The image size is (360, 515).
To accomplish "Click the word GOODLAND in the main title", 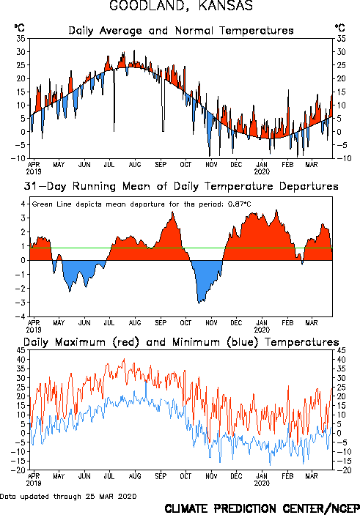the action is click(x=149, y=6).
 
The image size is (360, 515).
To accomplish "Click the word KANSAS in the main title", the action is click(x=226, y=6).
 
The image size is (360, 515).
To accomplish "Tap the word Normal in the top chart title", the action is click(x=194, y=31).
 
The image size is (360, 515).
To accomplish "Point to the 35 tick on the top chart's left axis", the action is click(x=21, y=39).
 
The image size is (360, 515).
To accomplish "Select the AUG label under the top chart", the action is click(x=135, y=164).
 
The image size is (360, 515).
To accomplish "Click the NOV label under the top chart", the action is click(x=211, y=164).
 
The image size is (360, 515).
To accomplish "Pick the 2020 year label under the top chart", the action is click(x=262, y=171).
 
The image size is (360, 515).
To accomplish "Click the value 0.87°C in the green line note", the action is click(x=239, y=204).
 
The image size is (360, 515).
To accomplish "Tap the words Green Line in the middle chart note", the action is click(x=51, y=204).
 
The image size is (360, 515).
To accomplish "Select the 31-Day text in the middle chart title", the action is click(x=45, y=187).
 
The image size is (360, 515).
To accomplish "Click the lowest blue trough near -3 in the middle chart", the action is click(x=199, y=303).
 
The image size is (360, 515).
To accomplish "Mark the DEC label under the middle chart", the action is click(x=236, y=323).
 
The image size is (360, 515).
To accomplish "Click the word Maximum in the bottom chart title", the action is click(x=80, y=342).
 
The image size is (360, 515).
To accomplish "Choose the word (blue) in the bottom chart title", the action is click(x=243, y=342).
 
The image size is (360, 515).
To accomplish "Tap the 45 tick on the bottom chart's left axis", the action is click(x=21, y=350).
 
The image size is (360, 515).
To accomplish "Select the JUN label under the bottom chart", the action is click(x=84, y=476).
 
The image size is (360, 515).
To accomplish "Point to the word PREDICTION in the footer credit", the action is click(x=245, y=508).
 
